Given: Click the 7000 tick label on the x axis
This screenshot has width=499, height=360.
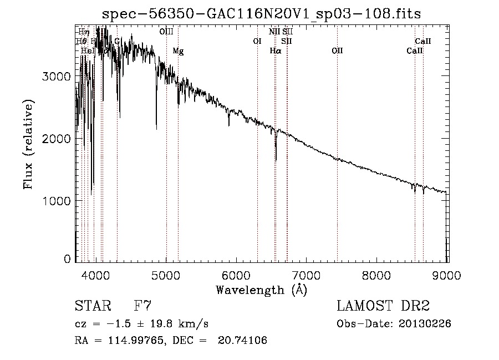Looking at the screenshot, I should (307, 275).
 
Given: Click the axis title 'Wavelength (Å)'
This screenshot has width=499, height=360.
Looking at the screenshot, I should (261, 290).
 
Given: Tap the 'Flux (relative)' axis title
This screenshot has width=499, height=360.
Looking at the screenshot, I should (28, 144).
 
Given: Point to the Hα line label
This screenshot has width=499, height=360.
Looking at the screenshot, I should (276, 50).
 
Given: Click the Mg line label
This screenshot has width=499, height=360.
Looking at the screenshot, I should (178, 50).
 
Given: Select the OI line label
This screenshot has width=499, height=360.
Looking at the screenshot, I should (257, 41).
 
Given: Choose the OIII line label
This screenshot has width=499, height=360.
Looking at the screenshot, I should (166, 32).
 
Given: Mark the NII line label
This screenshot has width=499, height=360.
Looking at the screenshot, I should (274, 32).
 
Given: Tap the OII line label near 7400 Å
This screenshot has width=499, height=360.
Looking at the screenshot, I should (337, 50).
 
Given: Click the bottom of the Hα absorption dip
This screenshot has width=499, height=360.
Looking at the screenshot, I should (276, 160).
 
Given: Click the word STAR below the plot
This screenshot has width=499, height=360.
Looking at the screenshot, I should (92, 306).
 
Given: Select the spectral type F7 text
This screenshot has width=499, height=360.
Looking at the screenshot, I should (142, 306).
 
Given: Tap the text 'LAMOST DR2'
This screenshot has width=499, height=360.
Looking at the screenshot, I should (383, 306).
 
